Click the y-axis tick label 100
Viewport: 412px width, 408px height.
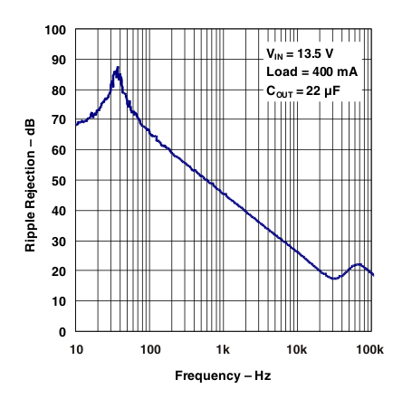click(54, 30)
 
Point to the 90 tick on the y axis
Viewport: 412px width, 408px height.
click(58, 60)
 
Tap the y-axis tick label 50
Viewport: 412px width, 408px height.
click(58, 181)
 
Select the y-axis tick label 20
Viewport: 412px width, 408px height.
click(58, 271)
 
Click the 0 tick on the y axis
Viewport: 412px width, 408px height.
click(62, 331)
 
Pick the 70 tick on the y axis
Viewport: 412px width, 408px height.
click(58, 120)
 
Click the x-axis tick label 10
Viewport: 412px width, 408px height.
click(75, 349)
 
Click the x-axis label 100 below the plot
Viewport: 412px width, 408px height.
click(149, 349)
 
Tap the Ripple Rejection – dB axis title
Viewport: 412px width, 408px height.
click(31, 181)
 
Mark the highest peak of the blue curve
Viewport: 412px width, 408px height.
click(118, 68)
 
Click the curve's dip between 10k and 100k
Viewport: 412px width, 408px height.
click(333, 279)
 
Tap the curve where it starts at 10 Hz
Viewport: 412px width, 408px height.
click(76, 124)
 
